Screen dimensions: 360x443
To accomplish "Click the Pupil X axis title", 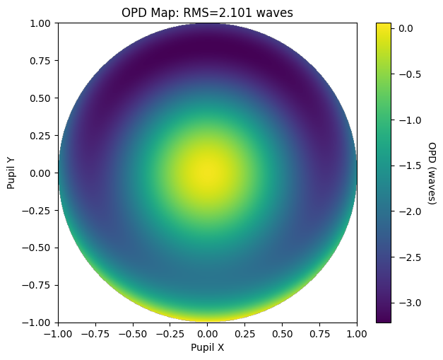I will (x=207, y=348).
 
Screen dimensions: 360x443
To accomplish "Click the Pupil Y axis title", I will (x=11, y=173).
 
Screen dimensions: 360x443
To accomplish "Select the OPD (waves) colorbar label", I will (x=432, y=173).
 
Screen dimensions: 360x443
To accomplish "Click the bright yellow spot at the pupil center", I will (x=208, y=172).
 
